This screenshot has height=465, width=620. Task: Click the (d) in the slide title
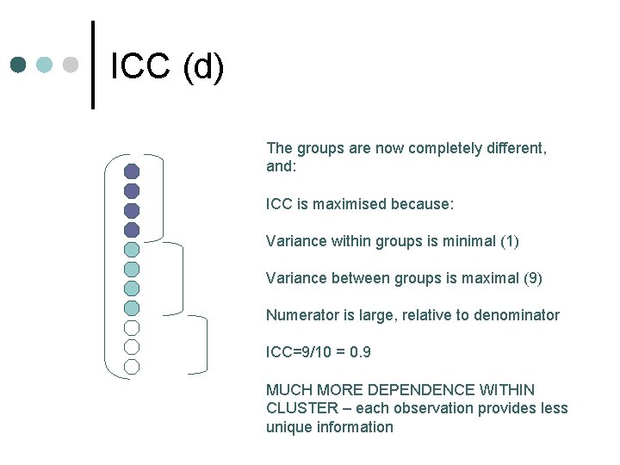pyautogui.click(x=203, y=68)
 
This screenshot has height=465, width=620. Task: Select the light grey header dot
pyautogui.click(x=71, y=65)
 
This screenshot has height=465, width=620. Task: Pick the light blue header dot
pyautogui.click(x=45, y=65)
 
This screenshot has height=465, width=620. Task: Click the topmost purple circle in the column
pyautogui.click(x=132, y=171)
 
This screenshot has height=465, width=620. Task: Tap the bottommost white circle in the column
pyautogui.click(x=132, y=366)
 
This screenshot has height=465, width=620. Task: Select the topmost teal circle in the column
pyautogui.click(x=132, y=249)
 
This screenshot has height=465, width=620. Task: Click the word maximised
pyautogui.click(x=346, y=205)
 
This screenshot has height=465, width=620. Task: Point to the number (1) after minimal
pyautogui.click(x=509, y=242)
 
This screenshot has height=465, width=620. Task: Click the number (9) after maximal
pyautogui.click(x=532, y=279)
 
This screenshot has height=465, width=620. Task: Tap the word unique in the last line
pyautogui.click(x=287, y=427)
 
